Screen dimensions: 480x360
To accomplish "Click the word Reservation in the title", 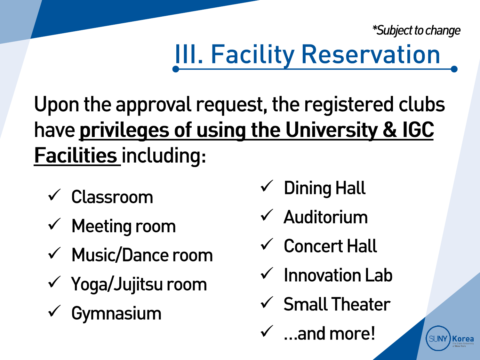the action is pos(371,54).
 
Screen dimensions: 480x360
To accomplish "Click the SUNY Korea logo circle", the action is pos(438,338).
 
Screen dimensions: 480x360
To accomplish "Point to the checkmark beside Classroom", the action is pos(54,195).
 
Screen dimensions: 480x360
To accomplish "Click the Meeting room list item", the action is pos(124,227).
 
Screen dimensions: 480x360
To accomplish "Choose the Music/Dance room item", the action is pos(142,255).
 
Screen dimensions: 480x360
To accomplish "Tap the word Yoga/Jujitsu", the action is pos(117,284).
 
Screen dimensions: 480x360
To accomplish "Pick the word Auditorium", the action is pos(326,218).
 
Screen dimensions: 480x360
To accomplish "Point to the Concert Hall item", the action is pos(330,246).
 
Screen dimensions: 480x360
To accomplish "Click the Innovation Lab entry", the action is pos(338,275).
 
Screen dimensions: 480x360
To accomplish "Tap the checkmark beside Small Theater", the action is pos(267,302).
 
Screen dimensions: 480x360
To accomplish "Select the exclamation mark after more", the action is pos(372,333).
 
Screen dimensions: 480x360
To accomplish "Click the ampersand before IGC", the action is pos(390,130).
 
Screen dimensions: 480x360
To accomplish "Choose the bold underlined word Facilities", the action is pos(76,156).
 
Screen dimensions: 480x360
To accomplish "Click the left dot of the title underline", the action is pos(176,69).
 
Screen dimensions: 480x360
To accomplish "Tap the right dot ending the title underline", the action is pos(454,69).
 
